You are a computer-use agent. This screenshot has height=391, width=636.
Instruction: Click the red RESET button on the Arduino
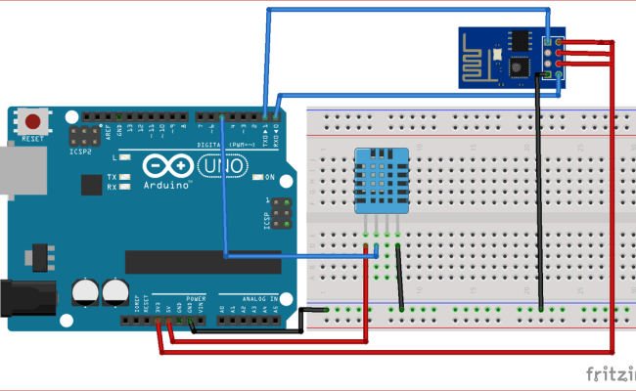[34, 123]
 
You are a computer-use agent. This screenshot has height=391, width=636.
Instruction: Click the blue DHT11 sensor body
[382, 181]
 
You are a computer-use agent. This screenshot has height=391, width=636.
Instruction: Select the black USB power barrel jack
[24, 298]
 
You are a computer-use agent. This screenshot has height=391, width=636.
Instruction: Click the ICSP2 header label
[80, 152]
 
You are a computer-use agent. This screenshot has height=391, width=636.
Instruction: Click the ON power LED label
[268, 177]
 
